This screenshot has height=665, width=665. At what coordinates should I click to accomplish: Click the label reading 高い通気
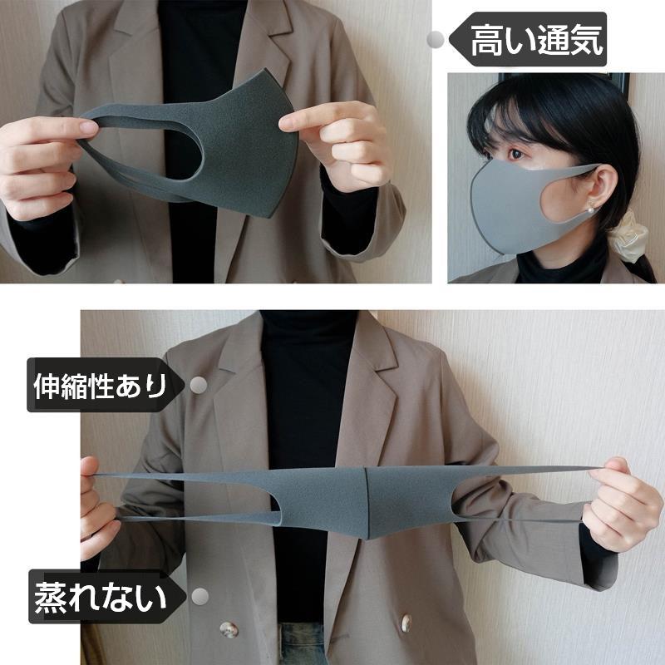tap(536, 39)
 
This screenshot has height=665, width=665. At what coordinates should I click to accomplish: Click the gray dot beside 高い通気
tap(434, 39)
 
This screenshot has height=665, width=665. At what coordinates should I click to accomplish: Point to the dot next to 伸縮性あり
tap(199, 386)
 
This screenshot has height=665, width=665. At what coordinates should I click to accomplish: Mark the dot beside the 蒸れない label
tap(199, 596)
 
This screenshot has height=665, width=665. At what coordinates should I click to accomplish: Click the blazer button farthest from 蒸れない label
tap(408, 623)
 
